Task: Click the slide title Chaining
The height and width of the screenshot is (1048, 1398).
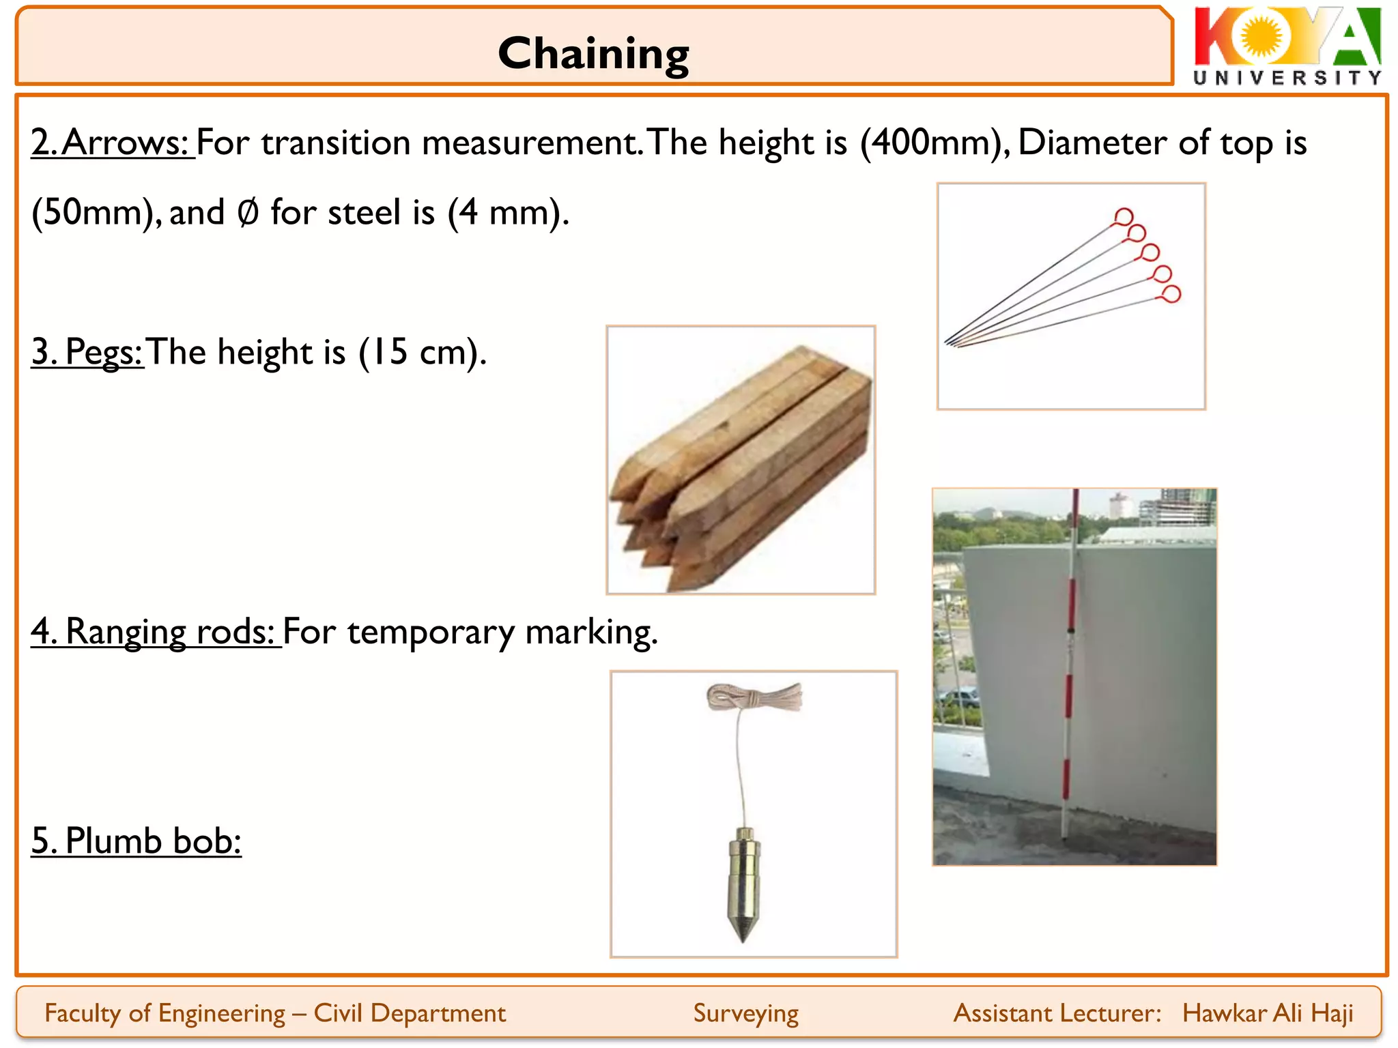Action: click(593, 54)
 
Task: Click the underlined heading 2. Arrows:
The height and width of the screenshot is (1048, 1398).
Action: click(113, 143)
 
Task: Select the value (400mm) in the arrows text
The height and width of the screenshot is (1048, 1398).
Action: click(931, 143)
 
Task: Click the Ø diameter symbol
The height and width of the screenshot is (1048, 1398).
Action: click(248, 212)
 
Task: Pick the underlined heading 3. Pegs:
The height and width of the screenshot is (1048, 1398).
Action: click(87, 352)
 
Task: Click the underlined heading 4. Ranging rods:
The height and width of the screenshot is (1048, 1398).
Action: click(156, 631)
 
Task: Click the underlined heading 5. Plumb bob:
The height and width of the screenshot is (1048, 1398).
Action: click(137, 841)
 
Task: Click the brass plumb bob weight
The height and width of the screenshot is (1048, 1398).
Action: click(743, 881)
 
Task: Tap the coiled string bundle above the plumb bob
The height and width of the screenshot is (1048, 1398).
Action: click(754, 697)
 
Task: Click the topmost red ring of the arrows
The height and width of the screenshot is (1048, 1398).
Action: click(1123, 218)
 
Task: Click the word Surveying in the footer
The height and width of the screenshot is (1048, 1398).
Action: click(745, 1013)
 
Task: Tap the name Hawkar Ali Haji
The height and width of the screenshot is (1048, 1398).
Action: click(1268, 1013)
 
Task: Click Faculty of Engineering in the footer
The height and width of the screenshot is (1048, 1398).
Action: click(165, 1013)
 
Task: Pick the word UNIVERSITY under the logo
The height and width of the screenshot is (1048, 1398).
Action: click(1287, 78)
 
